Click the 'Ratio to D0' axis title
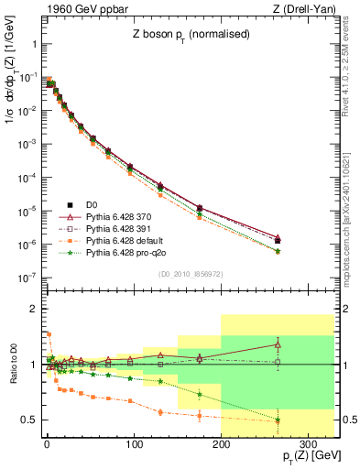tap(10, 365)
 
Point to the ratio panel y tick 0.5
tap(29, 420)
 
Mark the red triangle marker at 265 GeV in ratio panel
tap(278, 344)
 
